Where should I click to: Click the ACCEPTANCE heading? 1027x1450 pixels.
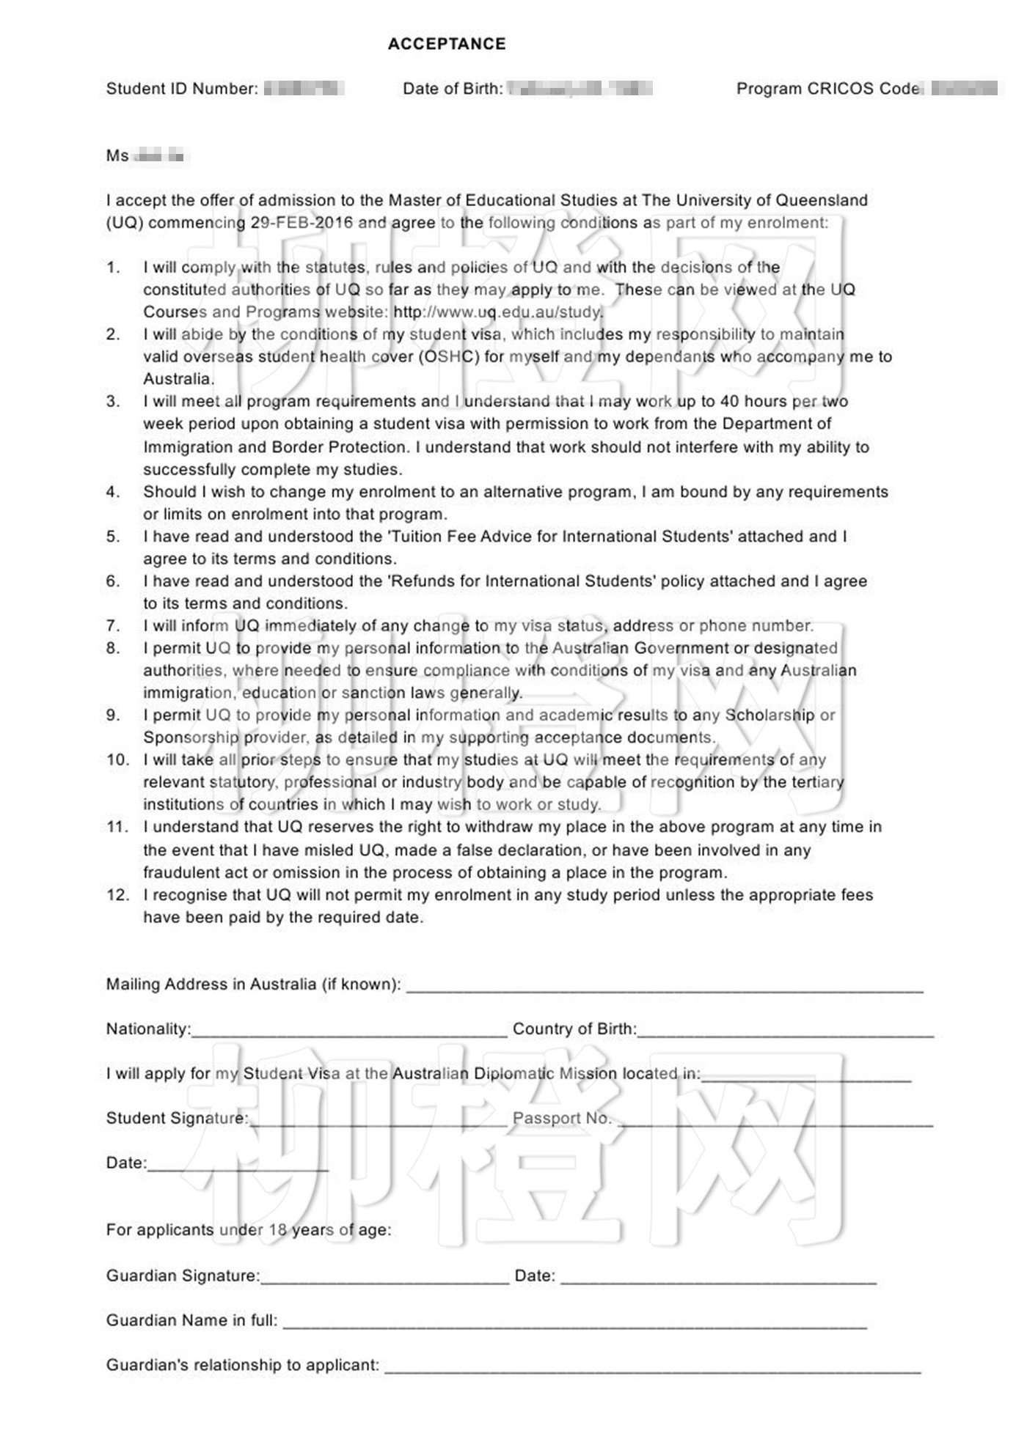[x=447, y=44]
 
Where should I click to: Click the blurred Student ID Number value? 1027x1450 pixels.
[x=304, y=89]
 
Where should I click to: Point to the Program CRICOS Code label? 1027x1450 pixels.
[x=828, y=89]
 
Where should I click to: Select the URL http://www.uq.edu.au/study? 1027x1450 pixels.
[x=498, y=312]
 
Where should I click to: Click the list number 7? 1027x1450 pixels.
[x=113, y=626]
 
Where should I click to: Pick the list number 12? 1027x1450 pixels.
[x=117, y=895]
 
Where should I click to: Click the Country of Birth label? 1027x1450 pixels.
[x=574, y=1029]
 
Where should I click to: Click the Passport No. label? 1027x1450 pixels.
[x=562, y=1119]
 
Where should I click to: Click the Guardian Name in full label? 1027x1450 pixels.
[x=191, y=1321]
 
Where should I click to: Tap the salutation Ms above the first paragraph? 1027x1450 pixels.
[x=117, y=156]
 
